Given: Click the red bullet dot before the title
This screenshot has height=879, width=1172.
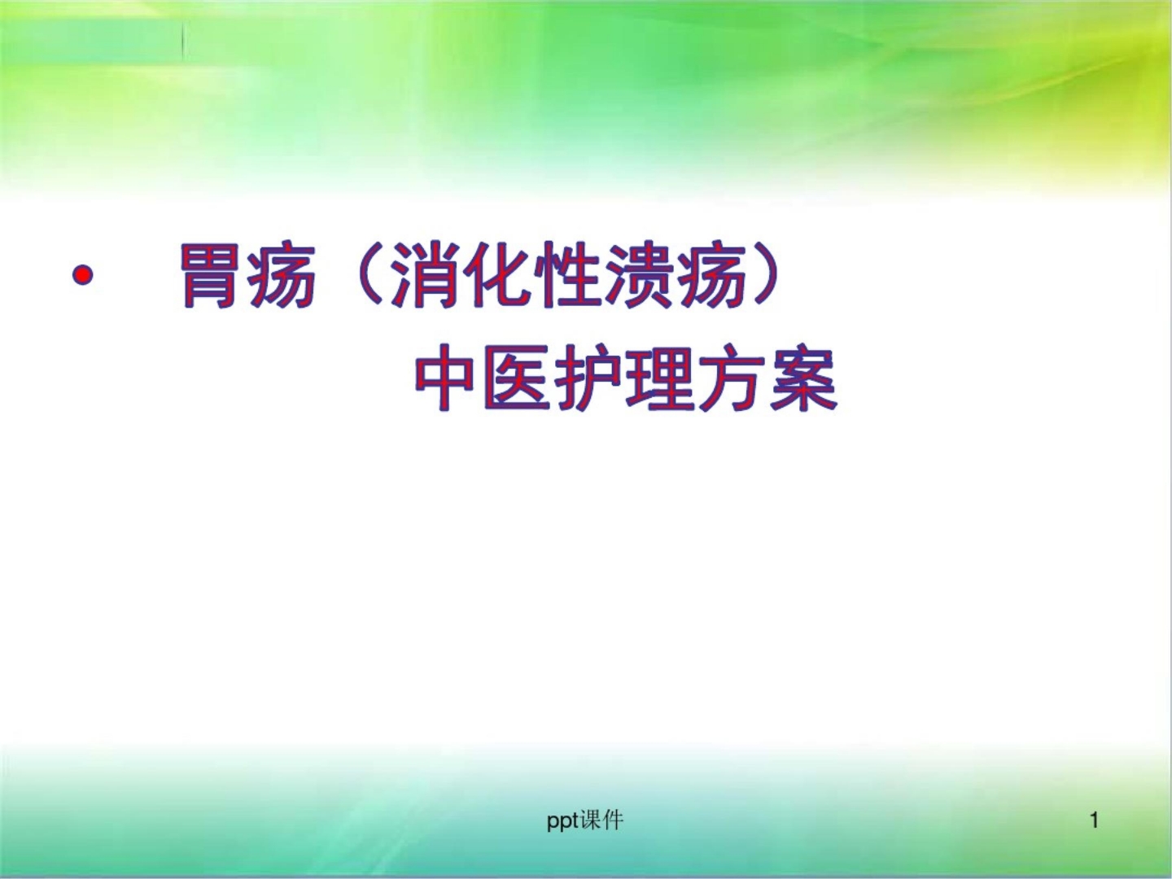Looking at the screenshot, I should tap(82, 276).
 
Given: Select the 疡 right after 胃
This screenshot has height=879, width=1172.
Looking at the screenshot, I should tap(281, 276).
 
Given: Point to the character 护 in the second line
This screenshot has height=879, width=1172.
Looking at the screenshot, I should tap(588, 379).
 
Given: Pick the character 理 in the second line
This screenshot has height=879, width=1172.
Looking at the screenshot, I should tap(659, 379).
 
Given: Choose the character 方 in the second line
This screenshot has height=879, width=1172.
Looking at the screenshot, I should tap(731, 379).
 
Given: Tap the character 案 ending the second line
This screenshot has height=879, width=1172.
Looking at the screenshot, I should tap(802, 379).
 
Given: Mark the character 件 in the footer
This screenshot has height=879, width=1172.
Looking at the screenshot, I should tap(613, 820).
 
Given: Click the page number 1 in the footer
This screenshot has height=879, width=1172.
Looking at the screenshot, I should tap(1095, 820).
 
